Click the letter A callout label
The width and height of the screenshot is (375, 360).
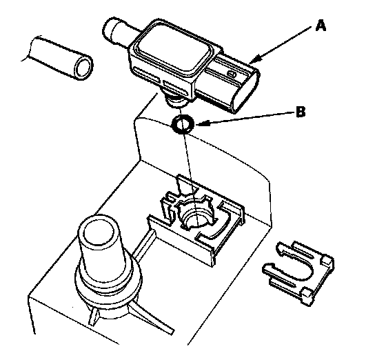tap(321, 26)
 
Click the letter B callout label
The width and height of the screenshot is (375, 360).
tap(301, 112)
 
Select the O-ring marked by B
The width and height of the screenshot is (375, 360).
tap(183, 124)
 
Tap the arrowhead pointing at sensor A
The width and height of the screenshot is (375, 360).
tap(254, 59)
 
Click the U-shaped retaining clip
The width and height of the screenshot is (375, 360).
tap(299, 272)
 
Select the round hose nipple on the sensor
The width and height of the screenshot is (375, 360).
tap(117, 30)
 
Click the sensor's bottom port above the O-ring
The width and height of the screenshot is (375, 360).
tap(176, 101)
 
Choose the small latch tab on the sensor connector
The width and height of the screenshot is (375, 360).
tap(231, 73)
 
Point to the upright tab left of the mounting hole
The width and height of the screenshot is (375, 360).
tap(168, 206)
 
